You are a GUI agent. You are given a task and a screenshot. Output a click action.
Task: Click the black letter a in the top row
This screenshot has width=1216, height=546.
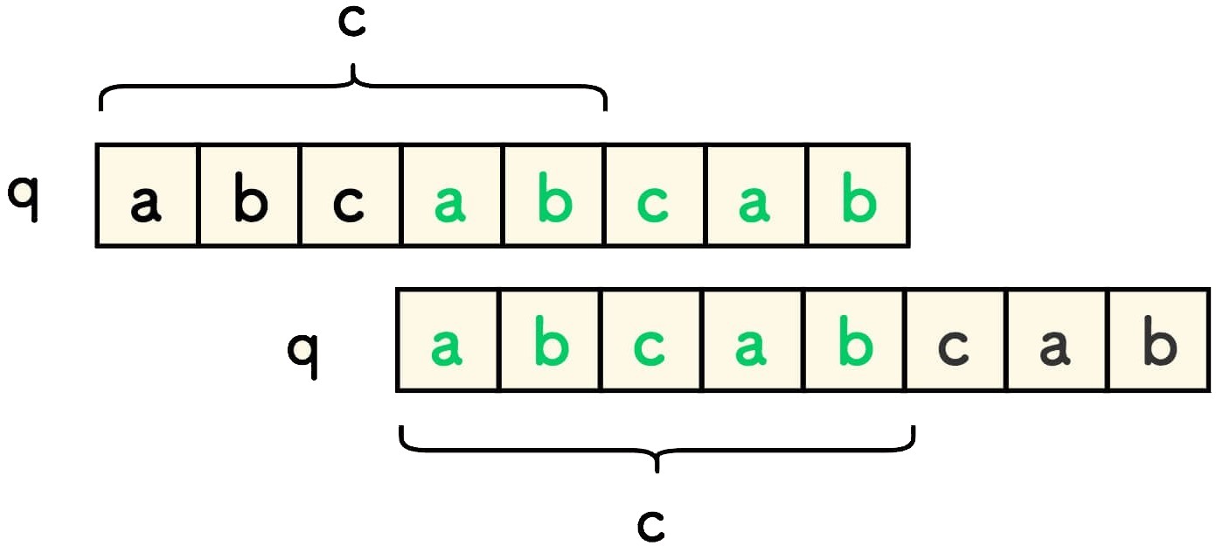146,203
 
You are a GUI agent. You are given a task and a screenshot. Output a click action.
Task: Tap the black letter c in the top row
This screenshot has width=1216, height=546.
350,203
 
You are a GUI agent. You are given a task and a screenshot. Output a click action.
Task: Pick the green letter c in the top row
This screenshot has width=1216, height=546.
654,203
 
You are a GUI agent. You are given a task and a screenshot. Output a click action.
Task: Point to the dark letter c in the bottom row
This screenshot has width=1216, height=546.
955,346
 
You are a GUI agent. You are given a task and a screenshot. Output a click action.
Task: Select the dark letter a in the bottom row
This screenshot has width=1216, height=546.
1056,346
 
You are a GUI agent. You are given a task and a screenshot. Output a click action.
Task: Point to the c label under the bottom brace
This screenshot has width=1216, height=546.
651,522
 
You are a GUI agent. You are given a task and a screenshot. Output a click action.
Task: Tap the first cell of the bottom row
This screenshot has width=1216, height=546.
447,340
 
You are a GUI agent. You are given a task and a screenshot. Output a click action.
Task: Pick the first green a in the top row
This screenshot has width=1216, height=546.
451,203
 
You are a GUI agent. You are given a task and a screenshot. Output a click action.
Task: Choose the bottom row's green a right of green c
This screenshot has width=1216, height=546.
752,346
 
